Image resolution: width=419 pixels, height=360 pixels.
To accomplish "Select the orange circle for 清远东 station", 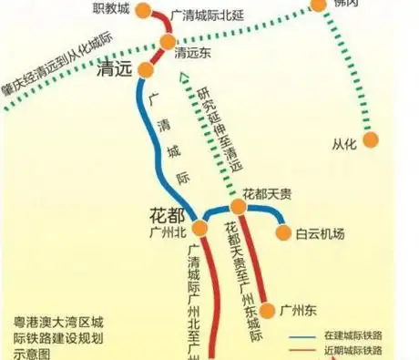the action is click(x=169, y=42).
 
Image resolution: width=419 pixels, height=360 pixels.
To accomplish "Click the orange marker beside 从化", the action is click(x=371, y=139).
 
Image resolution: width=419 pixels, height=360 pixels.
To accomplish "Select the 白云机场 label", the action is click(x=320, y=233).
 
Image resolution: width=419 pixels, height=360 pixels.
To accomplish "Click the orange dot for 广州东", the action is click(x=267, y=309).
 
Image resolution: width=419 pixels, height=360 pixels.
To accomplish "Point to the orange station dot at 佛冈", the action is click(x=318, y=5).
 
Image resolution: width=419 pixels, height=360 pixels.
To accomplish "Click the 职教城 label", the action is click(x=113, y=8).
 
